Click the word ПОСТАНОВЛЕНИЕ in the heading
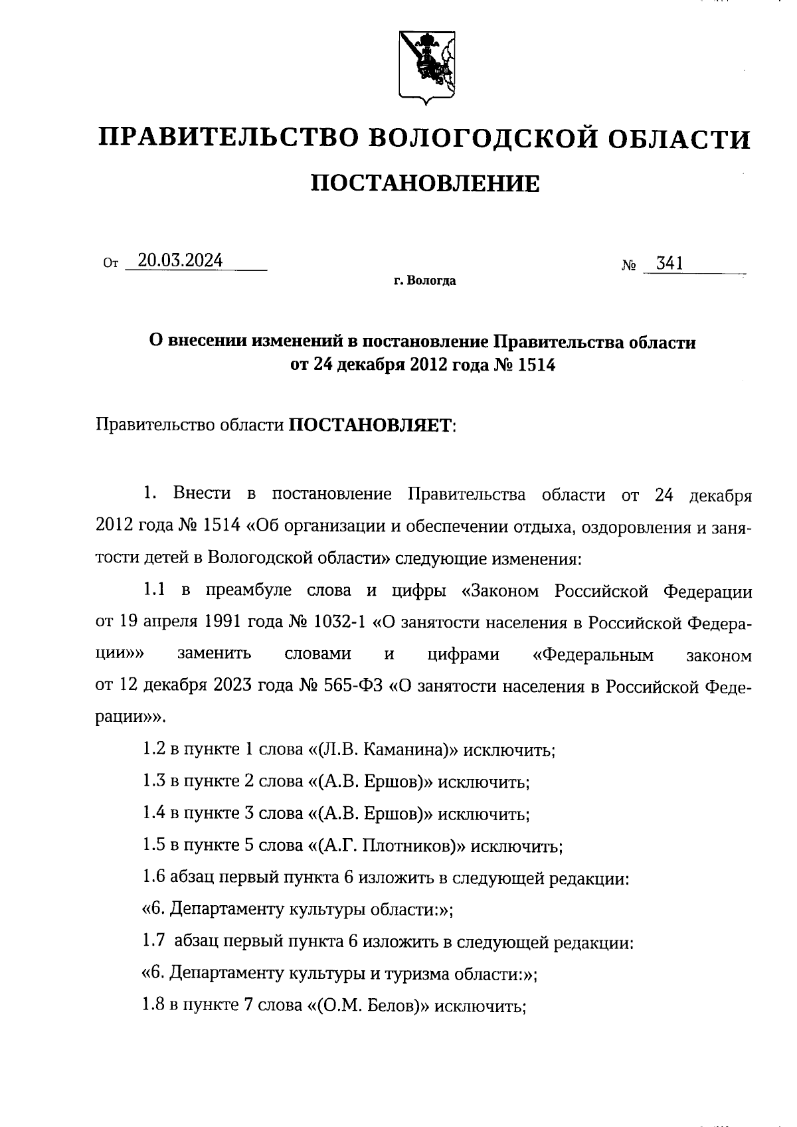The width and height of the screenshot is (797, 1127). pos(425,183)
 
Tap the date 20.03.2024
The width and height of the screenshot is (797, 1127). pos(175,261)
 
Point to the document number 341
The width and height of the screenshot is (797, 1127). pos(669,264)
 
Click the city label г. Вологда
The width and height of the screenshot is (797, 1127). pos(424,281)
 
